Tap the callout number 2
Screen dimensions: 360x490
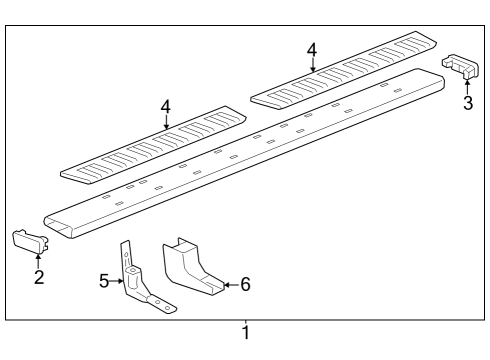coord(39,277)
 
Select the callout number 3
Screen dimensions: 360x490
coord(467,103)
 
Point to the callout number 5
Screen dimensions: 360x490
coord(105,282)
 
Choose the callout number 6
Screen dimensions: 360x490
coord(245,284)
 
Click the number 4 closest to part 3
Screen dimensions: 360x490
coord(312,48)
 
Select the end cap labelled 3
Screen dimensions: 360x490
coord(460,65)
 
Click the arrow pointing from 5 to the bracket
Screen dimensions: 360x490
coord(118,282)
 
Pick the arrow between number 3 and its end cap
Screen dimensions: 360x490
coord(467,86)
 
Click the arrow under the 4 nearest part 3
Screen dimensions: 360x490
coord(312,65)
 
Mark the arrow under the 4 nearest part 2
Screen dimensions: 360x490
coord(167,121)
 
